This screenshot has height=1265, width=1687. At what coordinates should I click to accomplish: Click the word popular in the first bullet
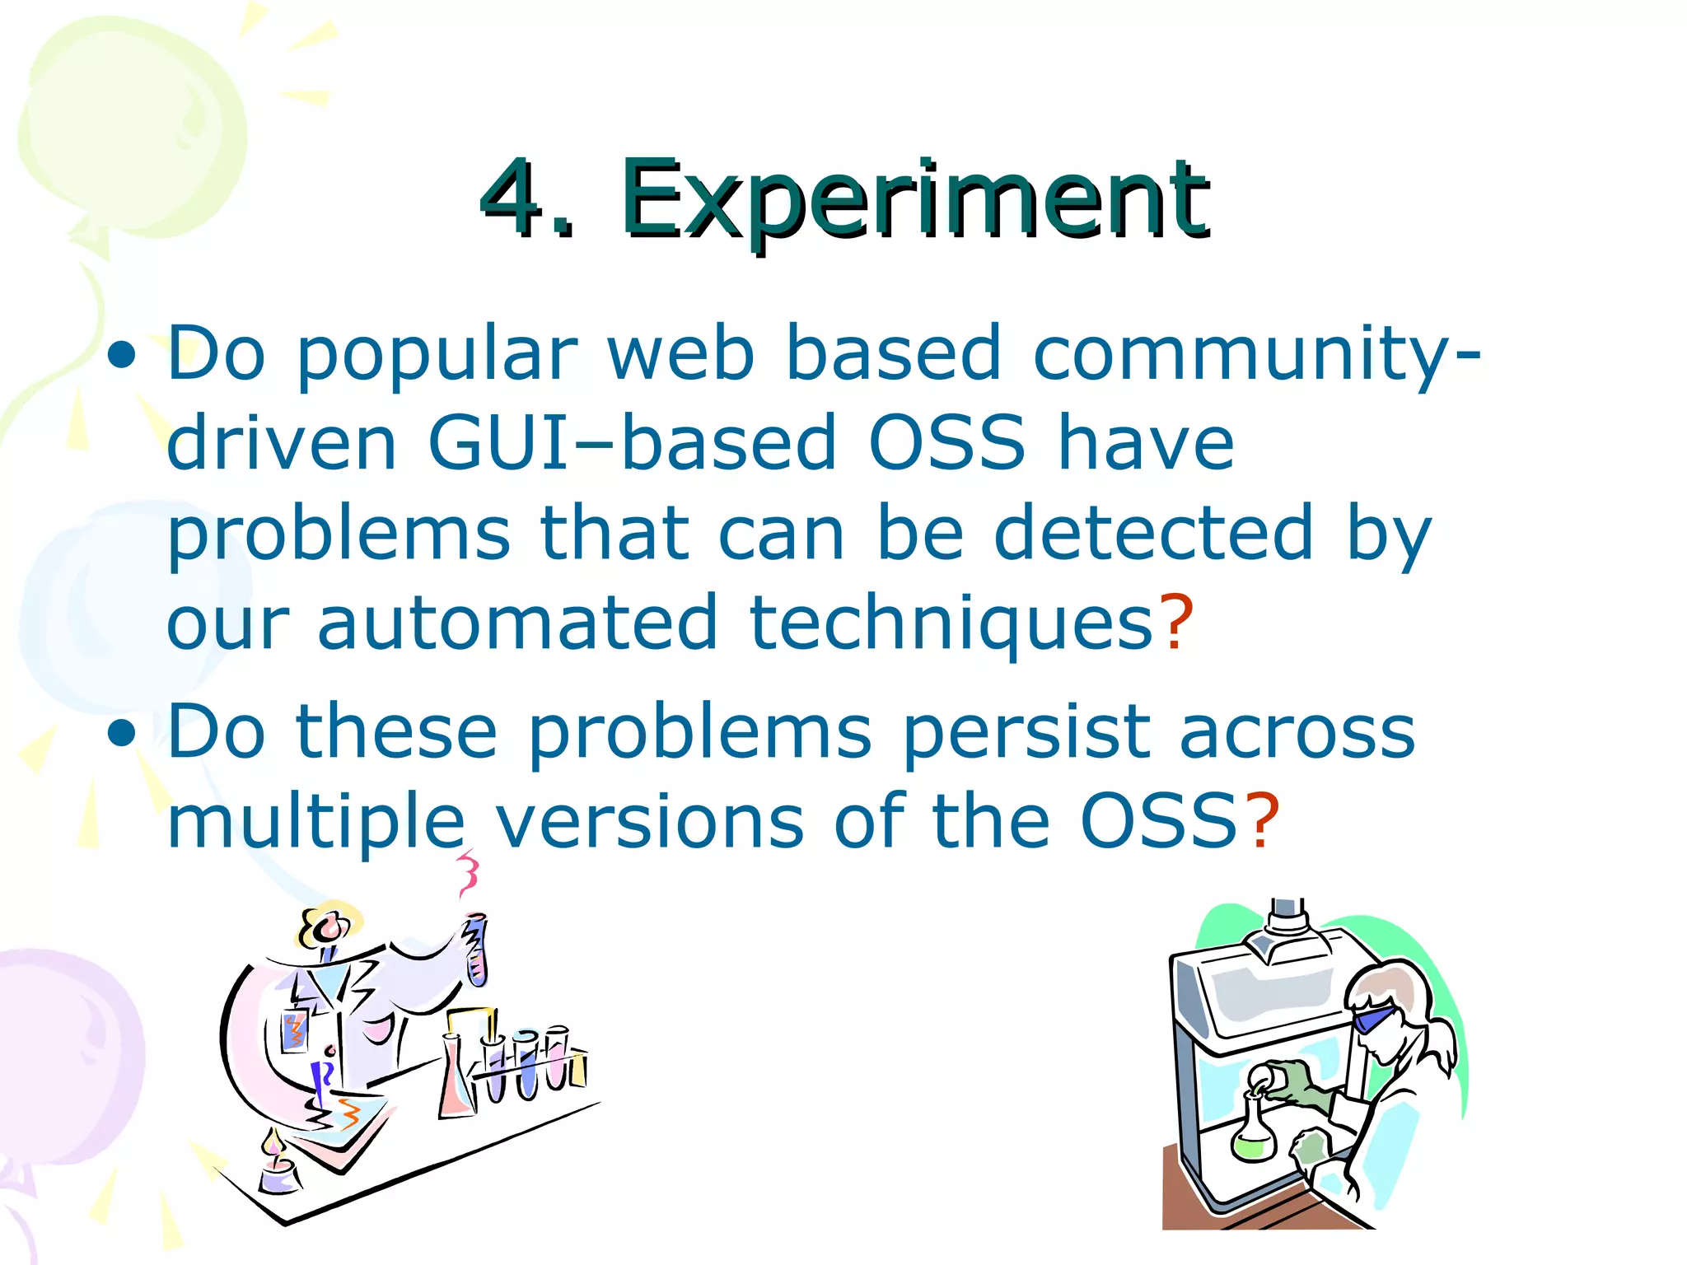click(437, 354)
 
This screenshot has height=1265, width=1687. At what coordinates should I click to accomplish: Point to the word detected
click(1153, 533)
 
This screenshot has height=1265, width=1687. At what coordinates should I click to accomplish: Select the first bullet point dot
click(122, 356)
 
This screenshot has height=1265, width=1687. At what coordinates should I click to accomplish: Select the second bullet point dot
click(122, 733)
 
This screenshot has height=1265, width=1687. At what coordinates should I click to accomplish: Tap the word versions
click(651, 820)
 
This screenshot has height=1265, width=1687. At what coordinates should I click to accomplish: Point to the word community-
click(1256, 354)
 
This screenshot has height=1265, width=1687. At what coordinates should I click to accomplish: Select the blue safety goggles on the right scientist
click(1374, 1020)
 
